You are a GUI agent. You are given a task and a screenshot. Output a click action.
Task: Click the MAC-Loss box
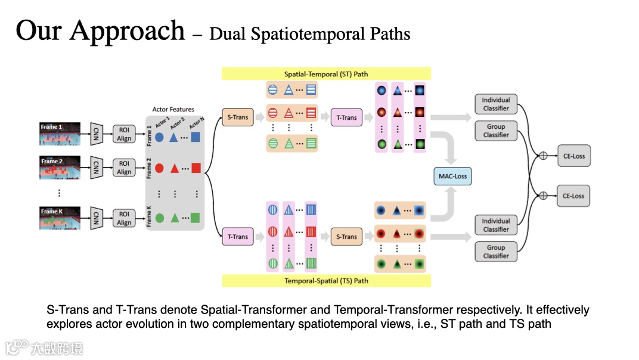point(452,176)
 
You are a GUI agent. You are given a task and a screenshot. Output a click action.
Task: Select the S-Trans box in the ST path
point(238,117)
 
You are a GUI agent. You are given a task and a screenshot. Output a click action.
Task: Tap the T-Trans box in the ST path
point(347,117)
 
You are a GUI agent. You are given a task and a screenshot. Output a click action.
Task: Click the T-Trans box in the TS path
point(238,237)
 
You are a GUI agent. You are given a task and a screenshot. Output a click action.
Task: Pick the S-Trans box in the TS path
point(346,237)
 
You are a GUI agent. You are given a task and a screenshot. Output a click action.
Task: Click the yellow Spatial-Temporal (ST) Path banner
point(326,74)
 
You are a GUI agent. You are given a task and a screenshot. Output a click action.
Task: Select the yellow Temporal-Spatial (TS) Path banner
point(326,280)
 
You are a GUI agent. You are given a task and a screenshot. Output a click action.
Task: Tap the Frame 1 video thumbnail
point(60,134)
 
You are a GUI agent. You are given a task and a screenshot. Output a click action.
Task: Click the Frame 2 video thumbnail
point(60,169)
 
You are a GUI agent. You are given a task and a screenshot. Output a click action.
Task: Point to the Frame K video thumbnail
point(60,219)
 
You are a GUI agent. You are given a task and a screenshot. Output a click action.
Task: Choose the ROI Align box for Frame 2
point(124,168)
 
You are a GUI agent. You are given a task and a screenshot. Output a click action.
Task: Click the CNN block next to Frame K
point(95,219)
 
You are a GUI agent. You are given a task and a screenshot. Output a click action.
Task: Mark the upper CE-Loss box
point(573,156)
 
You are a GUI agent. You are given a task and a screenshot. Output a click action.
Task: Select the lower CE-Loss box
point(573,195)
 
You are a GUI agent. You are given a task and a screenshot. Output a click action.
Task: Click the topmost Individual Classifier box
point(496,104)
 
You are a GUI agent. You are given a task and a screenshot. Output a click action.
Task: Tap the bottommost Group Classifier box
point(496,252)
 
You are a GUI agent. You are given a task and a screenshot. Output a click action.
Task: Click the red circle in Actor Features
point(159,169)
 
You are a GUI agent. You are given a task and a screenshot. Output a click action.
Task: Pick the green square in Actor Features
point(195,218)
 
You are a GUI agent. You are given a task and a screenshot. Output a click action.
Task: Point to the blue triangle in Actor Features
point(173,137)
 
